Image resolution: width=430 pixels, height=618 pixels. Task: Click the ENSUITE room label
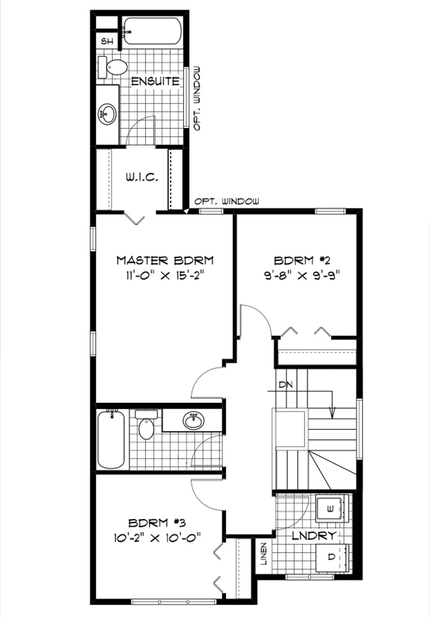(155, 82)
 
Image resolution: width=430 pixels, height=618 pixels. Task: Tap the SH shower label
(107, 41)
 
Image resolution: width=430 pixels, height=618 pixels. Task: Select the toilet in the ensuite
(113, 67)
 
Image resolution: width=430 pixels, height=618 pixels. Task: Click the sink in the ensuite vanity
(107, 114)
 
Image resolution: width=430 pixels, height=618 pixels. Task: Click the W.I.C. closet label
(142, 178)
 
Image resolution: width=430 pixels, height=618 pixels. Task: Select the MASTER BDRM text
(165, 260)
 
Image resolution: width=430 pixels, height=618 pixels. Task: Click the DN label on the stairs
(286, 385)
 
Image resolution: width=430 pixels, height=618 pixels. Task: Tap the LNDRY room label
(314, 535)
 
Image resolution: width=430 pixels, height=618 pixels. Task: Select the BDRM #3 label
(157, 522)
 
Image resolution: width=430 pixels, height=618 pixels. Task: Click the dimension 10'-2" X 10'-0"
(158, 538)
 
